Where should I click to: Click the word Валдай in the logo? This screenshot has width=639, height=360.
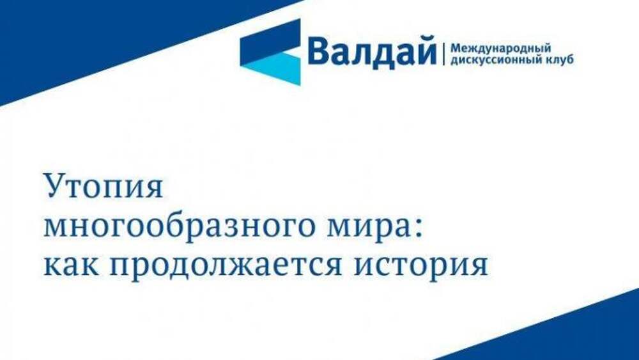click(372, 51)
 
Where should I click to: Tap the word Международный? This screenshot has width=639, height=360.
click(500, 49)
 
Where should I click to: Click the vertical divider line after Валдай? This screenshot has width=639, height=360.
click(443, 52)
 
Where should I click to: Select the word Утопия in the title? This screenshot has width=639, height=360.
click(104, 187)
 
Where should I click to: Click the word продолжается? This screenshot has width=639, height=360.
click(226, 266)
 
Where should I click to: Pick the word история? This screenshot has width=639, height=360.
click(420, 266)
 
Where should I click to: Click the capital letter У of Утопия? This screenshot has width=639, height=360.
click(55, 187)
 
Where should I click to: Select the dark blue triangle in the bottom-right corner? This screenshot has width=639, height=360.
click(562, 334)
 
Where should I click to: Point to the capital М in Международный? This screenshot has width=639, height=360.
click(455, 49)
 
